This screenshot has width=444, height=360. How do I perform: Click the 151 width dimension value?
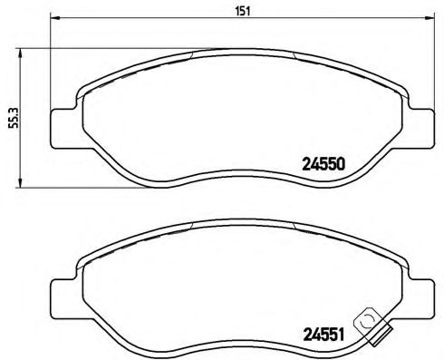pos(243,11)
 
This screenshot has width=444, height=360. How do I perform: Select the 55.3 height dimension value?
pos(12,121)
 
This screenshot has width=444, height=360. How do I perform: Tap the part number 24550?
pos(323,165)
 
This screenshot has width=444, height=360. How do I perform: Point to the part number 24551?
pos(323,334)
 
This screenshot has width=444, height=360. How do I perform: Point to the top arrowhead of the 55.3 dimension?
pos(22,52)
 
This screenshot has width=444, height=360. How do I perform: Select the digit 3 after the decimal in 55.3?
pos(12,109)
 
